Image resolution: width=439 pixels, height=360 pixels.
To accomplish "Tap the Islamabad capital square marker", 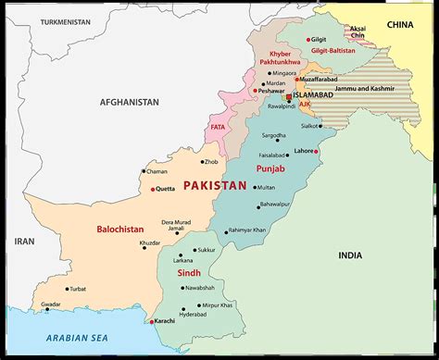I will (x=289, y=96).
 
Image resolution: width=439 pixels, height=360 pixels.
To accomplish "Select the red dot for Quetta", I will (x=151, y=190).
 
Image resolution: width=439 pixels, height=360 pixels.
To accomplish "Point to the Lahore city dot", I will (x=317, y=151).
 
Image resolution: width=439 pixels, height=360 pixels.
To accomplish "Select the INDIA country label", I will (x=350, y=254).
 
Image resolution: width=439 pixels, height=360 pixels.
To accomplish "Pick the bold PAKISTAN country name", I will (x=216, y=186).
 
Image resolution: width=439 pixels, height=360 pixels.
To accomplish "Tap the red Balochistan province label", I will (x=121, y=228).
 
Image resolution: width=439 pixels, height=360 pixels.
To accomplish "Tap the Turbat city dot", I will (x=69, y=288).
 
